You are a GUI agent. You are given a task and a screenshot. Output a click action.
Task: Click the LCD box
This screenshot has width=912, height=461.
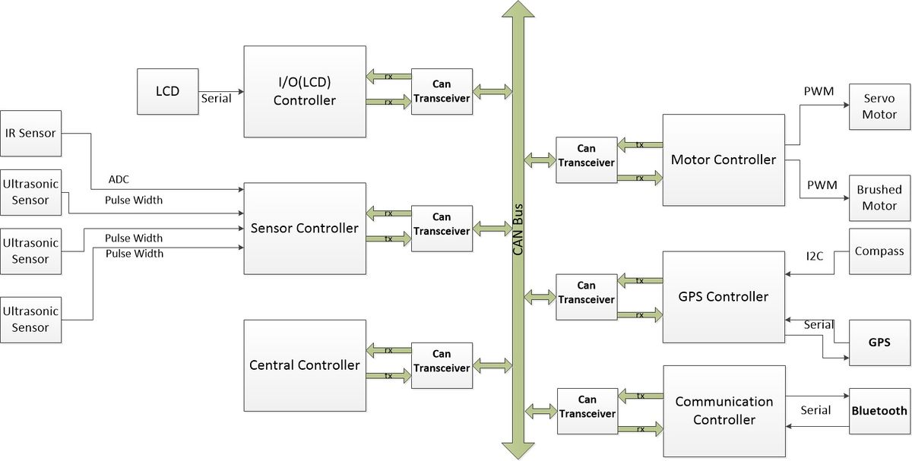point(168,92)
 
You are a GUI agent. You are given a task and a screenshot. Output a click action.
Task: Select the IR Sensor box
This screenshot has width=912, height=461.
point(31,134)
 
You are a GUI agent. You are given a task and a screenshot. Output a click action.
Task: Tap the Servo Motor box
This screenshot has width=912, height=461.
point(879,107)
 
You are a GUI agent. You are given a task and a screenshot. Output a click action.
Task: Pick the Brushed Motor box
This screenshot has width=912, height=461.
point(879,198)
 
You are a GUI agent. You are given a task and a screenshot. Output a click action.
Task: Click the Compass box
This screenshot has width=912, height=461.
point(879,251)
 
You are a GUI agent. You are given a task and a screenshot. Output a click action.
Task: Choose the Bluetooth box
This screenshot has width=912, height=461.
point(879,411)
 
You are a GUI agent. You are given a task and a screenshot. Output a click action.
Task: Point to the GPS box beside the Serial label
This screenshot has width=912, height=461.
point(879,343)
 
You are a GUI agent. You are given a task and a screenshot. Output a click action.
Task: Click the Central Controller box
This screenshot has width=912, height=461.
point(305,365)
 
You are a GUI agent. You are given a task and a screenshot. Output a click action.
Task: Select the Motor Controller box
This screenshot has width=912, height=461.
point(724,160)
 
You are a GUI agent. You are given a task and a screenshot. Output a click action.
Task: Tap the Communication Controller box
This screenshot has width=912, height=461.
point(724,411)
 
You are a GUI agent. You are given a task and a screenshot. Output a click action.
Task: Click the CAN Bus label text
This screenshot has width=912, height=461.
point(518,229)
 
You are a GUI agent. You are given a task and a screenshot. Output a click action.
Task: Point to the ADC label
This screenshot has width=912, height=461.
point(119,179)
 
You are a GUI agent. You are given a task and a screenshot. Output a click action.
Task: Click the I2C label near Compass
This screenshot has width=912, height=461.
point(815,257)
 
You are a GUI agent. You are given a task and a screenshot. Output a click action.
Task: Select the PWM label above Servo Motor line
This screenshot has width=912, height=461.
point(819,91)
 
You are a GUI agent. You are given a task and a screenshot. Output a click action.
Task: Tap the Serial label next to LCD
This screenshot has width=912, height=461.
point(216,99)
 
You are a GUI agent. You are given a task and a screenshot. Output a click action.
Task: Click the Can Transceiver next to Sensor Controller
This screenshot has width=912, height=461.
point(442,229)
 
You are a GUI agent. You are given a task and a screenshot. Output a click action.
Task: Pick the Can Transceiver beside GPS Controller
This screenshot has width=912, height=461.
point(587,297)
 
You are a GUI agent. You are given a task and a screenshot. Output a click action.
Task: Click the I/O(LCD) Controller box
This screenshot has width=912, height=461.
point(305,92)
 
